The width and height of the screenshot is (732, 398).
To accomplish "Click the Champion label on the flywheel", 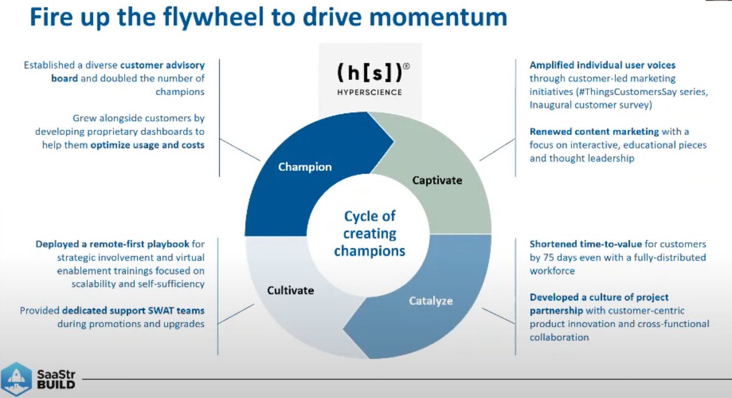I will pyautogui.click(x=304, y=167).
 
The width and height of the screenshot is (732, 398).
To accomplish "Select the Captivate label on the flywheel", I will pyautogui.click(x=437, y=180).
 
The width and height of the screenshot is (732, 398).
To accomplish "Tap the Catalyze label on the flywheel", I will pyautogui.click(x=431, y=300).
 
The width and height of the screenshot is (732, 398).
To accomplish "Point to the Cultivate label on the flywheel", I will pyautogui.click(x=290, y=290).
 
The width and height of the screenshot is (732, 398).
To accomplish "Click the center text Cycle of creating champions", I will pyautogui.click(x=369, y=233).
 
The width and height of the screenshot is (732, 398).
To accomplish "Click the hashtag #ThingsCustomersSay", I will pyautogui.click(x=617, y=92).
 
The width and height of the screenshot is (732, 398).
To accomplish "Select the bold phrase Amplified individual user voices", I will pyautogui.click(x=602, y=65).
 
